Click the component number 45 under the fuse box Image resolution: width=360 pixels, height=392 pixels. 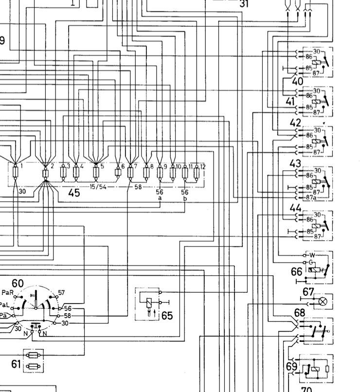click(73, 193)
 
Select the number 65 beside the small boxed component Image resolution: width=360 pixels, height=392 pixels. click(167, 316)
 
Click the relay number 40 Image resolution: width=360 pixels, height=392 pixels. click(297, 81)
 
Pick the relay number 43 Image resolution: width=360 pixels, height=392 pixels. click(295, 163)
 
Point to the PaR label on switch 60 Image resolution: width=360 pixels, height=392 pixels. click(7, 292)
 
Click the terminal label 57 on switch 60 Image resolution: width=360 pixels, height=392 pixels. click(61, 293)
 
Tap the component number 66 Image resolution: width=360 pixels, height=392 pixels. click(297, 271)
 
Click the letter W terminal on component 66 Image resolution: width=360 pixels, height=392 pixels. click(312, 255)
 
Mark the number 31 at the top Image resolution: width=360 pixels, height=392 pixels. click(245, 4)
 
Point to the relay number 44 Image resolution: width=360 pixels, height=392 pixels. click(295, 208)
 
